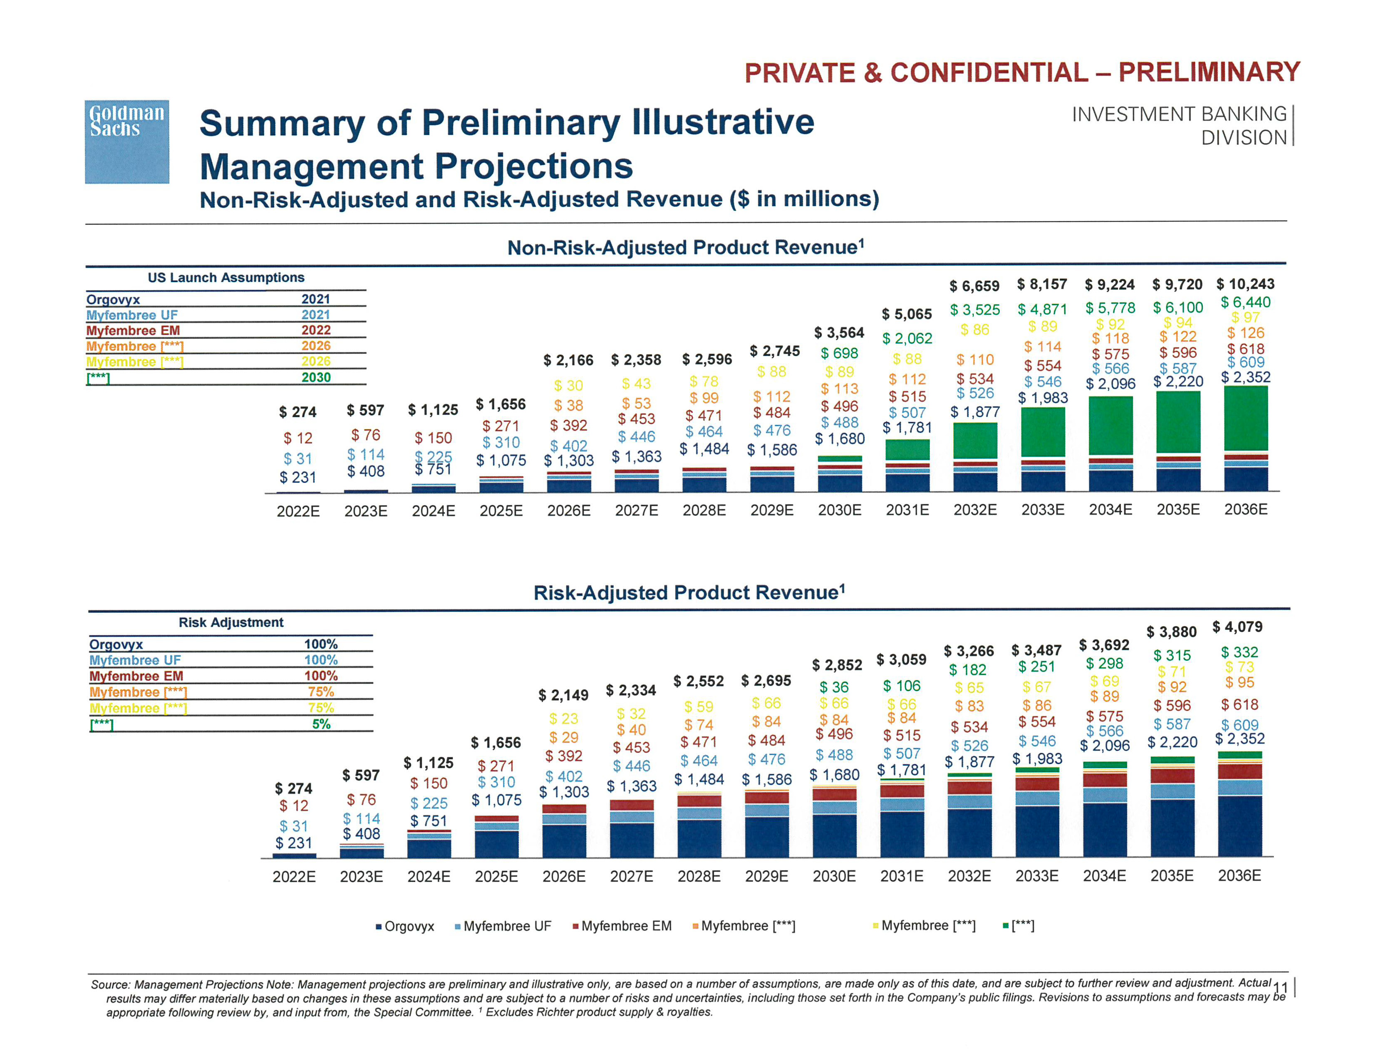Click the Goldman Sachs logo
click(x=127, y=141)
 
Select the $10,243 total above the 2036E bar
click(x=1245, y=284)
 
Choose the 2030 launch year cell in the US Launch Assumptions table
click(x=316, y=377)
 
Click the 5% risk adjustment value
click(x=321, y=724)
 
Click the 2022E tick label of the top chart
click(x=298, y=511)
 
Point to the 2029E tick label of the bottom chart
click(x=766, y=876)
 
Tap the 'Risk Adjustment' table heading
click(x=231, y=622)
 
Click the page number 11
click(x=1279, y=987)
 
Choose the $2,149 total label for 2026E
click(x=563, y=695)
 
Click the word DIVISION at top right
click(x=1244, y=138)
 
